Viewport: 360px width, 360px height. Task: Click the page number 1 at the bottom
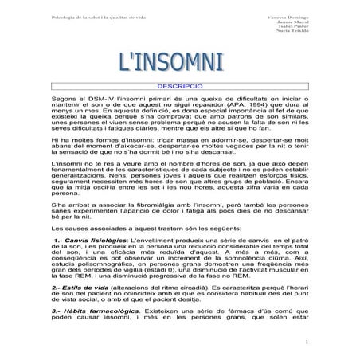(x=306, y=343)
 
